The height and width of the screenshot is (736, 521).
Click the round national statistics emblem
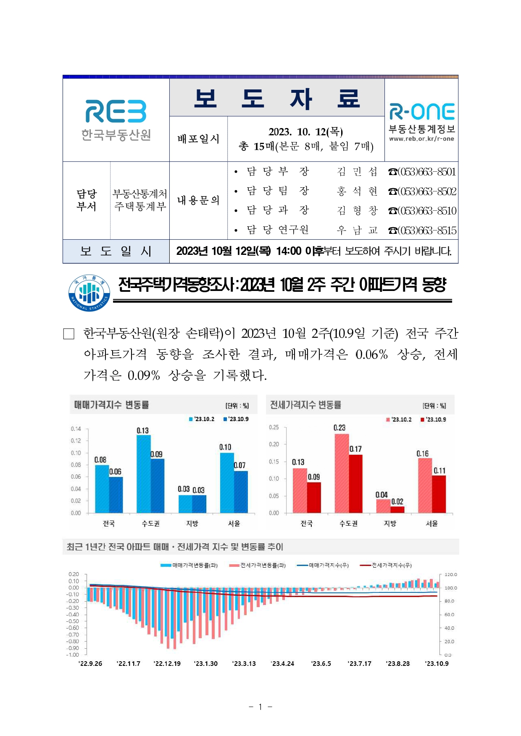click(x=89, y=293)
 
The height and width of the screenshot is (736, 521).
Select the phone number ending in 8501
click(x=422, y=172)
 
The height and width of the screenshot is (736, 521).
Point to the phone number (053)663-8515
click(x=422, y=230)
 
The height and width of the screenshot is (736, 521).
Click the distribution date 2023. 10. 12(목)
click(x=305, y=132)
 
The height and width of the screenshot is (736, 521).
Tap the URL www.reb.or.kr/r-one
click(x=421, y=139)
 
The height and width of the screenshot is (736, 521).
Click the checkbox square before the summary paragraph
click(x=68, y=334)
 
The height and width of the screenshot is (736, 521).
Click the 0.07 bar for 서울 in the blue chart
click(x=241, y=492)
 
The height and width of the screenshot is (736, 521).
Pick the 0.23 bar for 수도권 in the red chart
click(x=342, y=473)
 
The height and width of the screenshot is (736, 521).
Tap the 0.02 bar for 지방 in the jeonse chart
click(x=397, y=509)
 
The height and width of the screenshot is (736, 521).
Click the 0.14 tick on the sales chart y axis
click(x=76, y=429)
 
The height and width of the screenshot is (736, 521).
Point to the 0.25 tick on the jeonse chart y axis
click(x=274, y=427)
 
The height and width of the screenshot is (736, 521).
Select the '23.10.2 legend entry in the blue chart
click(x=202, y=419)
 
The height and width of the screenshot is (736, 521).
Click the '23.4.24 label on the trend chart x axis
click(x=282, y=663)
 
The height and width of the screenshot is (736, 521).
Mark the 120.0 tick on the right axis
click(x=450, y=574)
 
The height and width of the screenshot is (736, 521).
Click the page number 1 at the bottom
click(x=260, y=707)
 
